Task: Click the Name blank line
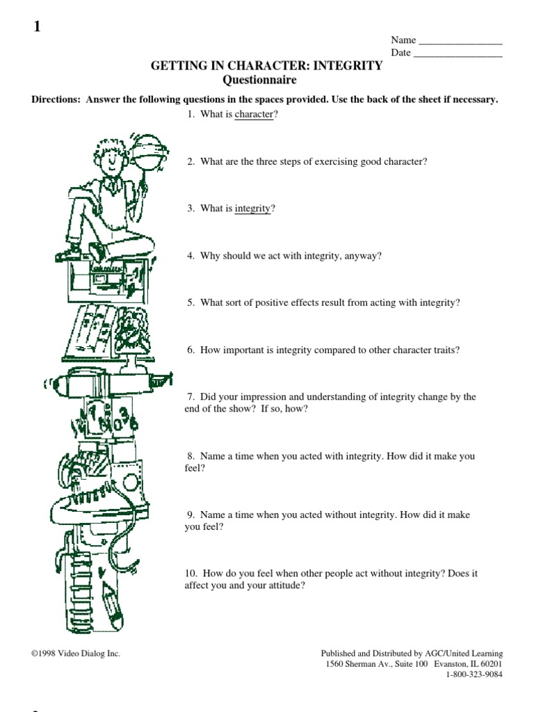pos(460,44)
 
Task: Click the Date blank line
pos(458,56)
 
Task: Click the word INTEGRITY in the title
pos(348,65)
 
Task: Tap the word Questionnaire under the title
pos(259,80)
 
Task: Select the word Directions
pos(56,99)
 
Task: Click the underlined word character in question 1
pos(254,114)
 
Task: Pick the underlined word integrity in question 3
pos(252,209)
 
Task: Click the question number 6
pos(191,350)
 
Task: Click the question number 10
pos(191,574)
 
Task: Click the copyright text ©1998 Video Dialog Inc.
pos(76,654)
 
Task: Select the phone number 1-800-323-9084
pos(474,674)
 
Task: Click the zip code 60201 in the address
pos(492,664)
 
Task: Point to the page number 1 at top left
pos(38,26)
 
